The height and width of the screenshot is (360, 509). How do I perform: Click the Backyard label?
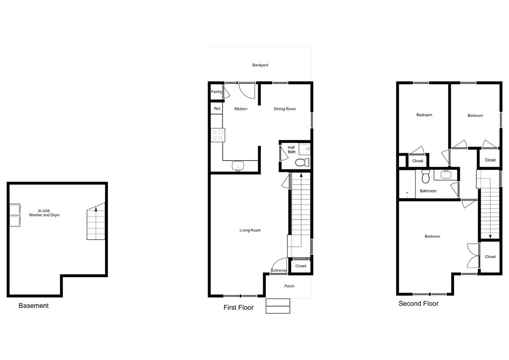click(x=260, y=65)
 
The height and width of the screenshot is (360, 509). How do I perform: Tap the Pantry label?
click(x=216, y=92)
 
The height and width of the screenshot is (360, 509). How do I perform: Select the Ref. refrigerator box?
click(x=217, y=108)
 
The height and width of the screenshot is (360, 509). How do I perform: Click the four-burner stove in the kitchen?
click(x=218, y=135)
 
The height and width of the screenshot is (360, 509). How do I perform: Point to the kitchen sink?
click(x=238, y=166)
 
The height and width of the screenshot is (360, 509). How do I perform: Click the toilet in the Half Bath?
click(x=302, y=162)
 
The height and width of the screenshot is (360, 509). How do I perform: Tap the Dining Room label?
click(x=285, y=109)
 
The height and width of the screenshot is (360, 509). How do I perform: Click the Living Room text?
click(x=250, y=230)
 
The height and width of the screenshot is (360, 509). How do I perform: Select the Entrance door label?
click(x=279, y=270)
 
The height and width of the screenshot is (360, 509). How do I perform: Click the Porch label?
click(x=289, y=286)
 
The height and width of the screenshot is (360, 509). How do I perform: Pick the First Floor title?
click(x=238, y=307)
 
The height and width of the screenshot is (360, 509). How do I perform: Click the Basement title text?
click(x=33, y=306)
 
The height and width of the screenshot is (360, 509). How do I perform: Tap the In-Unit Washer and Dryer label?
click(x=44, y=213)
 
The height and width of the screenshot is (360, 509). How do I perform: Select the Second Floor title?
click(x=418, y=304)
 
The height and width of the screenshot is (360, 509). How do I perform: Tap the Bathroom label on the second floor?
click(x=428, y=191)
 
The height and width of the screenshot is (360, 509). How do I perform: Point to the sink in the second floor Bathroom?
click(x=446, y=175)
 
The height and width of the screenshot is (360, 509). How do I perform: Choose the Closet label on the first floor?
click(x=301, y=266)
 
